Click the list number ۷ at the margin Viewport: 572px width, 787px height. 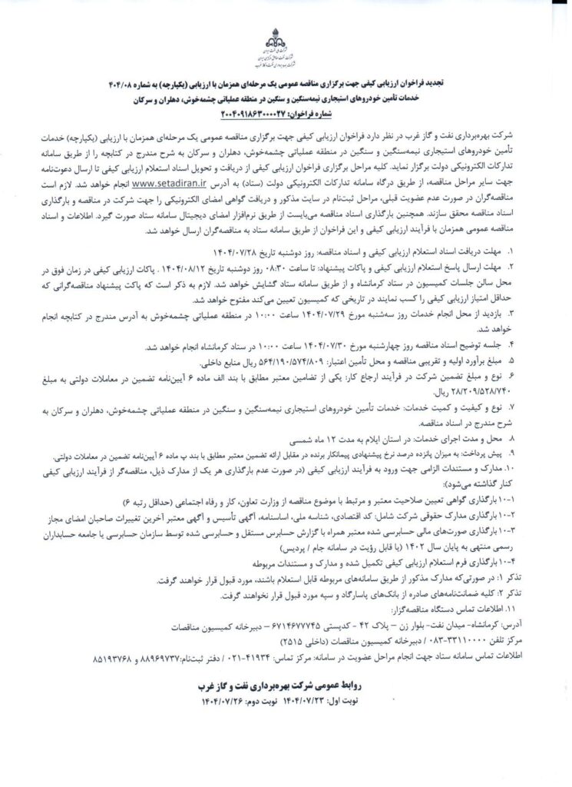[x=514, y=405]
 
